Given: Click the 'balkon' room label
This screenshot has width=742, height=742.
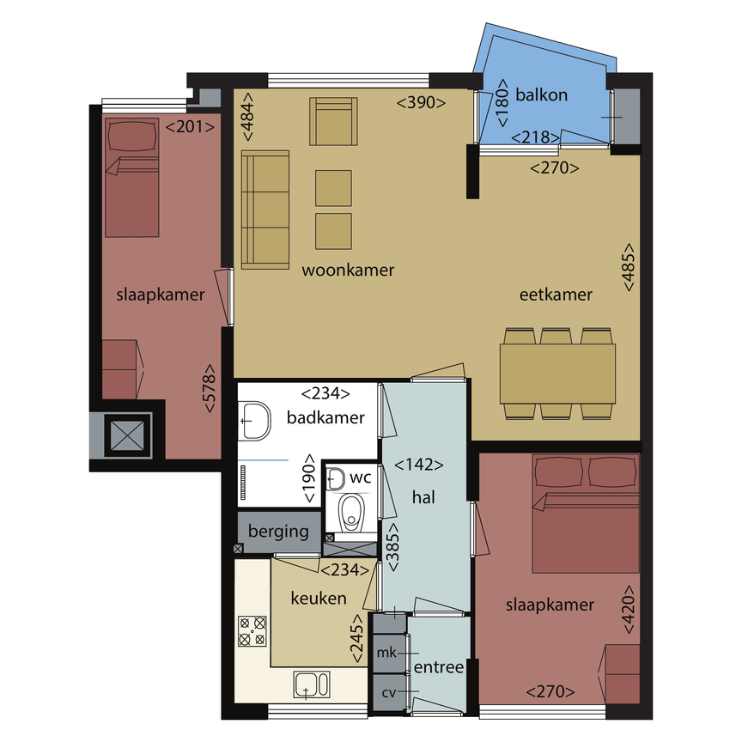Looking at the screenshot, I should (541, 95).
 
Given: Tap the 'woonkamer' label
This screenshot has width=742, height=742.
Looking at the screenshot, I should (348, 271).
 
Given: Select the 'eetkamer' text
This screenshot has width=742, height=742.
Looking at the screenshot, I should (556, 295).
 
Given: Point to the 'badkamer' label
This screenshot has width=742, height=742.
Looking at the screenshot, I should (325, 418).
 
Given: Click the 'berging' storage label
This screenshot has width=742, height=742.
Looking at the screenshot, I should (278, 532).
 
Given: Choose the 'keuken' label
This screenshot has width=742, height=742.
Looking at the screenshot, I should (319, 598).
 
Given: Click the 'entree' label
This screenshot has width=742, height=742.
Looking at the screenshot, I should (439, 668).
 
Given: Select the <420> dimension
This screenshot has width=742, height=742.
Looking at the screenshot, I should (628, 609).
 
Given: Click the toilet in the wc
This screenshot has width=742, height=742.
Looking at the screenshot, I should (350, 514).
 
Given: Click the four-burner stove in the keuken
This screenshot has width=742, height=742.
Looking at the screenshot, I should (252, 631).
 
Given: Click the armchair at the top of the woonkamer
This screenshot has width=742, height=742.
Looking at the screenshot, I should (334, 121).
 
